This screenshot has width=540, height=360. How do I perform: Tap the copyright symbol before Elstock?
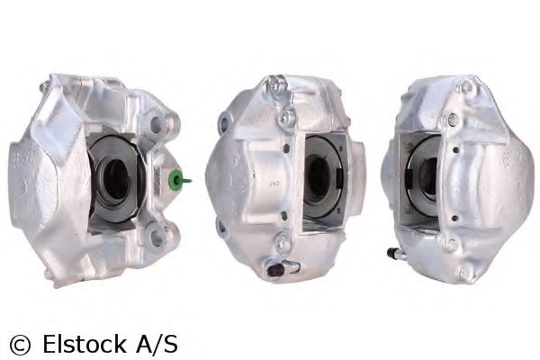18,343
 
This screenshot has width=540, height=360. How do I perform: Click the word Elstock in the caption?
78,343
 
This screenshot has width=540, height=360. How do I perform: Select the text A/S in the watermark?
154,343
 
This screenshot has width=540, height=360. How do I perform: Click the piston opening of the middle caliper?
316,175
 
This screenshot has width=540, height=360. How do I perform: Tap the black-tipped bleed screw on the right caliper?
393,251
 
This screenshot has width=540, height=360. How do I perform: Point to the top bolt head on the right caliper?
463,87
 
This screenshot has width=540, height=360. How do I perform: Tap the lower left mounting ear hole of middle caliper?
221,227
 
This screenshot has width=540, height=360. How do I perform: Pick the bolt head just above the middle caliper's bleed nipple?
281,241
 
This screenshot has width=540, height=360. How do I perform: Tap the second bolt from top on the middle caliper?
286,116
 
